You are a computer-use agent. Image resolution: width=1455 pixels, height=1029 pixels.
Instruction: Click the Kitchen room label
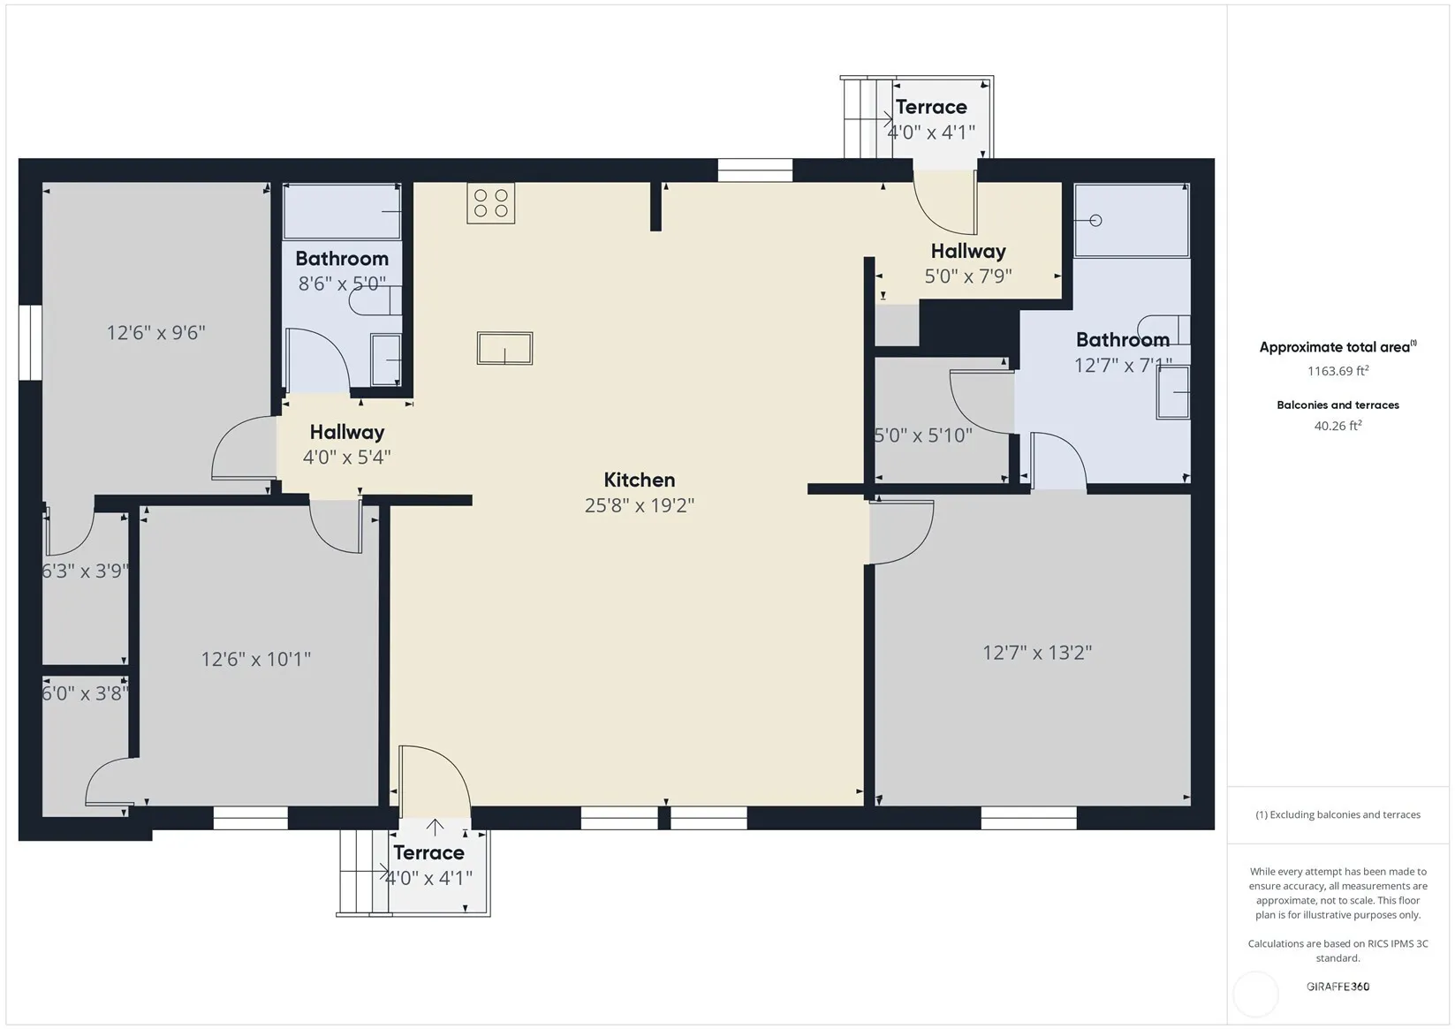coord(640,480)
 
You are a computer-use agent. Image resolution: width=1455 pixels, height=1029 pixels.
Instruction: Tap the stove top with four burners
coord(490,203)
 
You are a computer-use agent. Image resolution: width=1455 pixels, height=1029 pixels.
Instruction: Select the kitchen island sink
coord(504,348)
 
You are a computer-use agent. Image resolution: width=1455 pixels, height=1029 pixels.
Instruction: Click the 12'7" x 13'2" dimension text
coord(1036,652)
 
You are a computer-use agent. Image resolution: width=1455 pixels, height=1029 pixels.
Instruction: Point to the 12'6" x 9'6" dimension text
coord(155,333)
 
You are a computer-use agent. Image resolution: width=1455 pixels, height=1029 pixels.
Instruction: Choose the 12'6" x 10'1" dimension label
coord(256,660)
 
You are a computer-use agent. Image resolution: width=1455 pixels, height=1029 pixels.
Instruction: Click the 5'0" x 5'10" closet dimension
coord(923,435)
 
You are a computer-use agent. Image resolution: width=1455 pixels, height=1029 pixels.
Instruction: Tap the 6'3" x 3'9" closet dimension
coord(85,571)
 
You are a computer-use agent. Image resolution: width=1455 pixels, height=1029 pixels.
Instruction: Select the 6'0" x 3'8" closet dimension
coord(85,693)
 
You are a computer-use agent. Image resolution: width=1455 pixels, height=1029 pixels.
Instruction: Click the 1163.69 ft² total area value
coord(1338,370)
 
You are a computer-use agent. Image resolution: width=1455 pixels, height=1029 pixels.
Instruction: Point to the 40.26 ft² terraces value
coord(1338,426)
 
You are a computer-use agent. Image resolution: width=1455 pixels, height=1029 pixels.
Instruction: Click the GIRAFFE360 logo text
coord(1338,986)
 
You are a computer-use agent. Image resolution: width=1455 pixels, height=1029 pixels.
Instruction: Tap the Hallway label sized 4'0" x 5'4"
coord(347,432)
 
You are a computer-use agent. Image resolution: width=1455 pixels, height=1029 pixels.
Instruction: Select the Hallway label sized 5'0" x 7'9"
coord(968,251)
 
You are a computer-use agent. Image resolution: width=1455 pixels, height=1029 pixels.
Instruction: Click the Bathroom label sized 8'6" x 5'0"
coord(342,259)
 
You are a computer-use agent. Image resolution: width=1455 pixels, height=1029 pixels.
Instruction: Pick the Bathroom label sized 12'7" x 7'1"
coord(1123,340)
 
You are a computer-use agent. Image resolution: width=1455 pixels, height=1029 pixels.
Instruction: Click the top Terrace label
coord(931,107)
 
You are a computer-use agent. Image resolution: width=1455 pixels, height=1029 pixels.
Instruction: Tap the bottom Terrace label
coord(428,852)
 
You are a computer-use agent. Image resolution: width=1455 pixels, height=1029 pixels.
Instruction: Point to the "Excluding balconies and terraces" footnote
coord(1338,814)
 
